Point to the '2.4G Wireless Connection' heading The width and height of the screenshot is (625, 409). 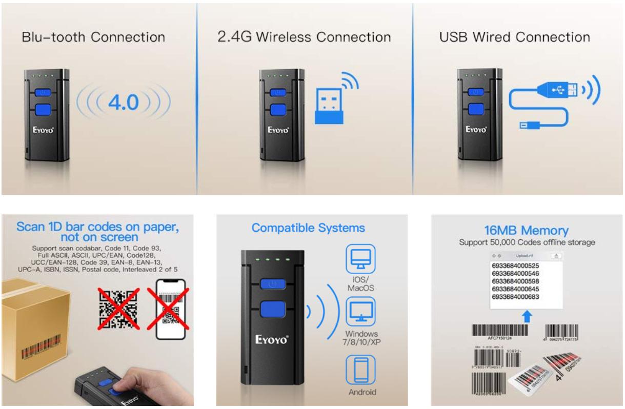(304, 37)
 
